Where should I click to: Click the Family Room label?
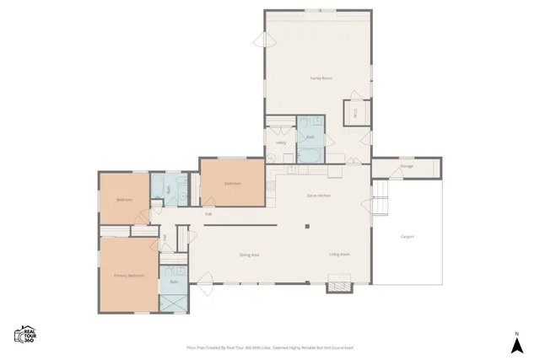(x=321, y=78)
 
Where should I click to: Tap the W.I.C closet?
(x=354, y=112)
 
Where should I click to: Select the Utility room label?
(x=281, y=142)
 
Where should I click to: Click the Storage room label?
(x=406, y=166)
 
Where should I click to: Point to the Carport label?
(x=408, y=237)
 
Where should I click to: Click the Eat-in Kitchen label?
(x=318, y=196)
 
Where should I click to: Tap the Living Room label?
(x=339, y=254)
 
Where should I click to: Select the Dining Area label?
(x=249, y=255)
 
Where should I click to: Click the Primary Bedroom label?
(x=129, y=276)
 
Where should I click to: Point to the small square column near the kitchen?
(x=308, y=226)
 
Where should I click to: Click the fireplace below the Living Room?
(x=339, y=287)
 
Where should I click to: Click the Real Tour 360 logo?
(x=25, y=335)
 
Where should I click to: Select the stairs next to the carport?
(x=381, y=200)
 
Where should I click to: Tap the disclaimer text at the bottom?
(x=269, y=347)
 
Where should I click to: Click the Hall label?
(x=208, y=214)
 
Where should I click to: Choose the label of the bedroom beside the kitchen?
(x=232, y=184)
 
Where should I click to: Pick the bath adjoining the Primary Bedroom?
(x=174, y=281)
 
